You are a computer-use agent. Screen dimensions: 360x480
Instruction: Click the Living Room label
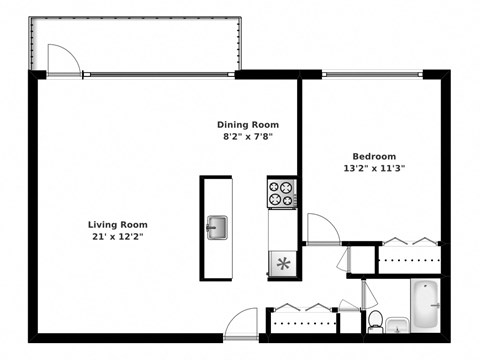coord(117,225)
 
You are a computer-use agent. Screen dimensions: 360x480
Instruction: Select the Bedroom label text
coord(373,155)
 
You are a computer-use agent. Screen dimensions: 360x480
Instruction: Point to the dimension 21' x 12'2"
coord(117,238)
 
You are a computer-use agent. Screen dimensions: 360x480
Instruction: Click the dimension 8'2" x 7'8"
coord(245,136)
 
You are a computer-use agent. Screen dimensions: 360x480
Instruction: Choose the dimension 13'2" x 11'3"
coord(373,168)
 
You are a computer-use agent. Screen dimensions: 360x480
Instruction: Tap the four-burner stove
coord(282,193)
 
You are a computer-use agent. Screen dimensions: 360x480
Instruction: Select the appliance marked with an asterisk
coord(282,263)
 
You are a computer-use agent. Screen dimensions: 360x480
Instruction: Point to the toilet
coord(375,320)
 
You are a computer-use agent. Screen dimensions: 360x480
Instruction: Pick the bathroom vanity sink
coord(396,323)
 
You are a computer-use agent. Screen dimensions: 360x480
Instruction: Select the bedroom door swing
coord(322,228)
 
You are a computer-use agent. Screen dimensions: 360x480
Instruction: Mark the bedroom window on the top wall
coord(372,73)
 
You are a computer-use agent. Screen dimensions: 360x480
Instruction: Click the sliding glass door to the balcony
coord(160,73)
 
